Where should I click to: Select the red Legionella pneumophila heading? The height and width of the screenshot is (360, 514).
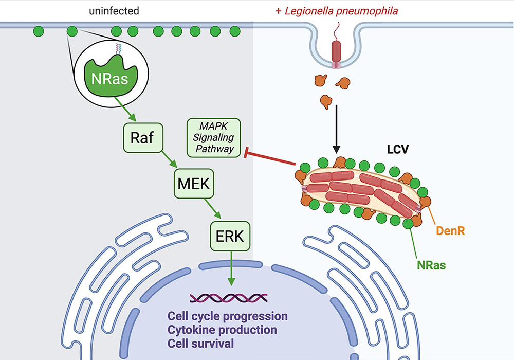tap(336, 10)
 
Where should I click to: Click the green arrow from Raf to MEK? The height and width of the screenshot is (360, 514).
tap(164, 160)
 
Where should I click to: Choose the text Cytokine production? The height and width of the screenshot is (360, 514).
tap(222, 329)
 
